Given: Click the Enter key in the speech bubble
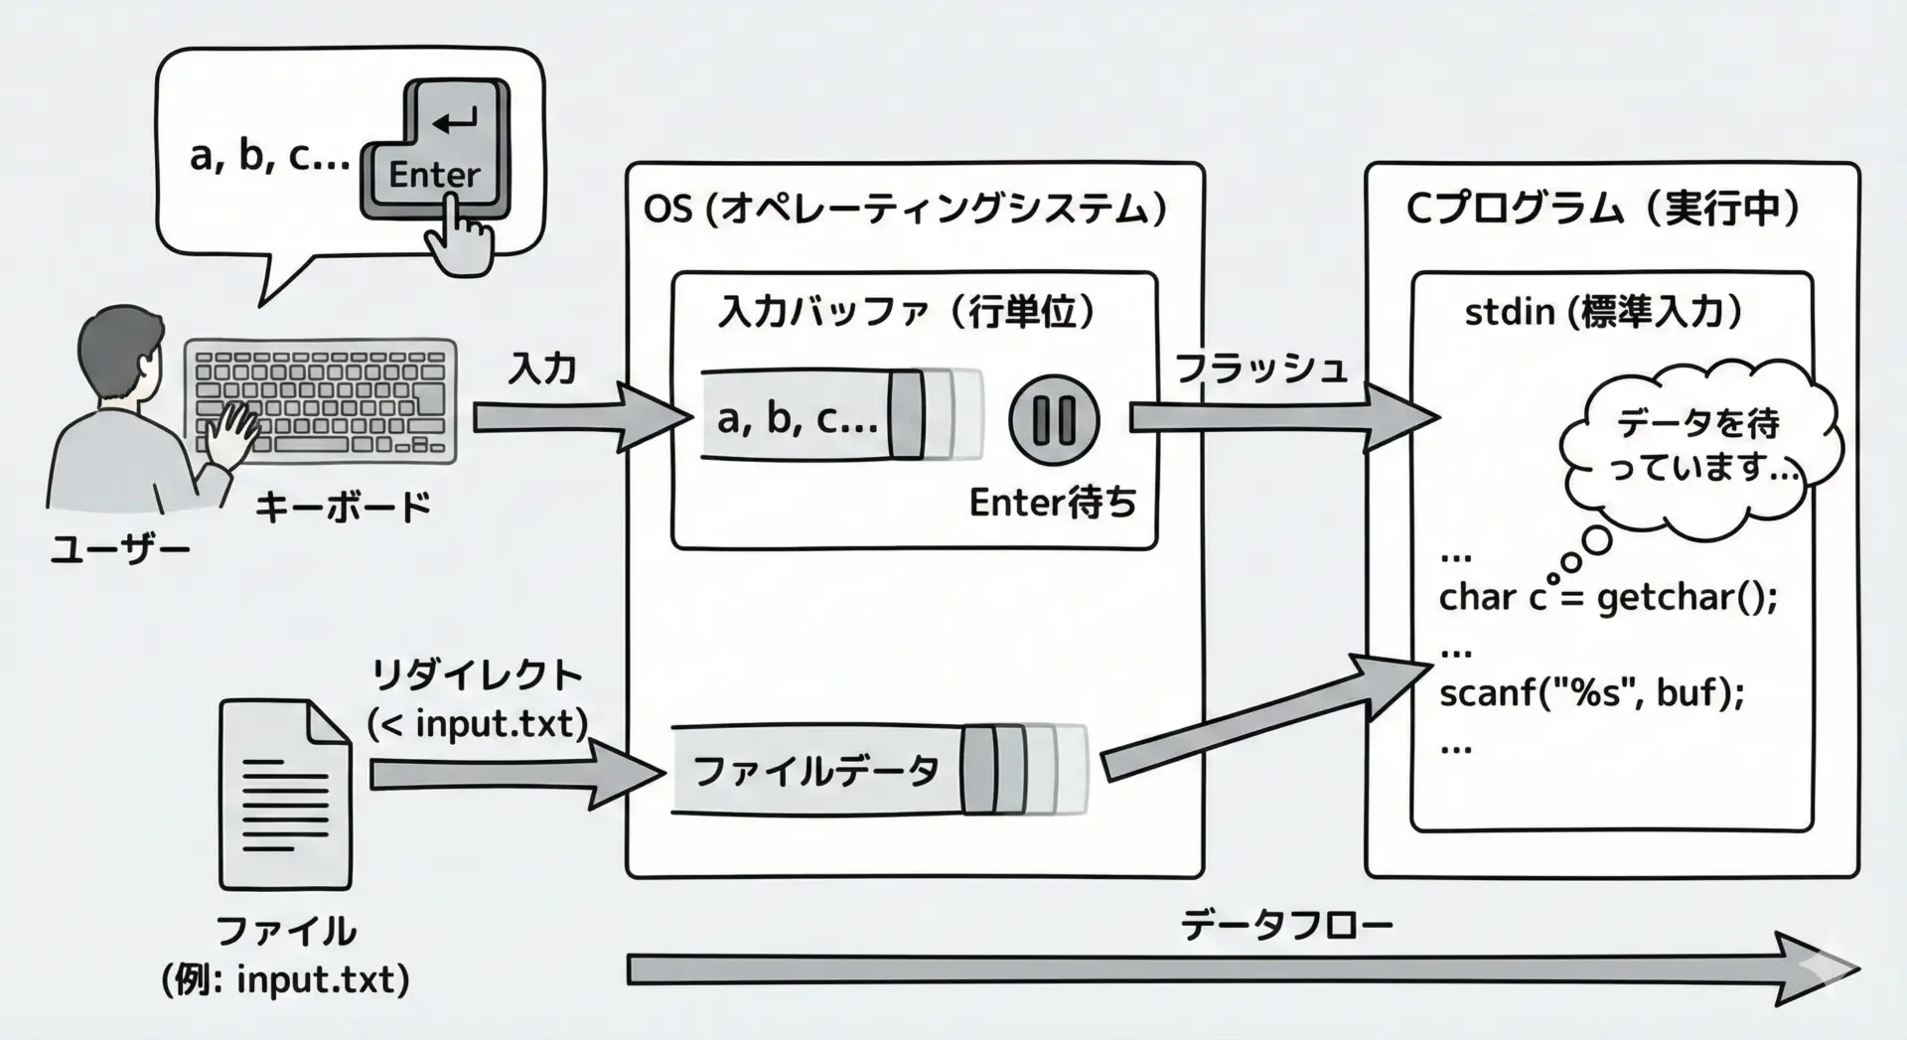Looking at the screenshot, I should pos(437,149).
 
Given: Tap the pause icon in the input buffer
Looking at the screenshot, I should pos(1054,420).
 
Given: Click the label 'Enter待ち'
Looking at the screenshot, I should pos(1052,504).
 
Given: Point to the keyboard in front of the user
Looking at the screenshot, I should pos(321,401).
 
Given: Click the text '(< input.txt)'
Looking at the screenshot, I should pos(478,724).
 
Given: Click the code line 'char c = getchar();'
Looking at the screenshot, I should pos(1607,598).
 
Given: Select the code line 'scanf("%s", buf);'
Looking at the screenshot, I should pos(1591,691).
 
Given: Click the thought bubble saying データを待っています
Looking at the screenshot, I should pos(1698,444).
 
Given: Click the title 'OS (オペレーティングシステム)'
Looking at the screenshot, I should pos(905,210).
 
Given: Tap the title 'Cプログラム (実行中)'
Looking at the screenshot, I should pos(1603,210).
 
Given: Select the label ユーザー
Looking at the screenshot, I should pos(120,549).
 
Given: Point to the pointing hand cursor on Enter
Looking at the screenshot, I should pos(459,238).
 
